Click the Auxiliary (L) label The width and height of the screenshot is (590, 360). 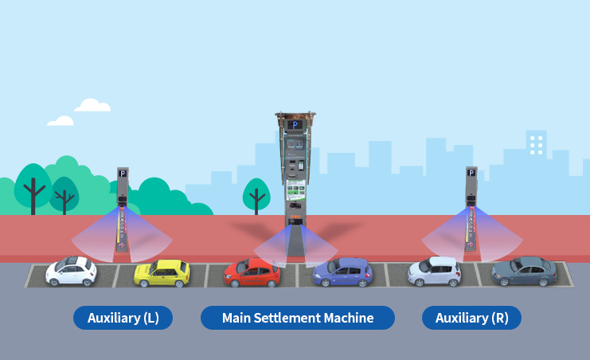tap(123, 318)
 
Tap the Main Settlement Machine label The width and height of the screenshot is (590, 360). tap(297, 318)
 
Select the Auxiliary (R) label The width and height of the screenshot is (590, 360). tap(471, 318)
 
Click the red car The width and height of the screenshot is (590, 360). tap(252, 273)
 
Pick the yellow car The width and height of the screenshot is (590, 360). tap(162, 273)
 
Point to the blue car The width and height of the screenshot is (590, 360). tap(342, 272)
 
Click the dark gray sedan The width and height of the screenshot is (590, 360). tap(523, 272)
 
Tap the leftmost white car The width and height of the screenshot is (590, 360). tap(71, 272)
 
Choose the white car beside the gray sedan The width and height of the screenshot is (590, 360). tap(435, 272)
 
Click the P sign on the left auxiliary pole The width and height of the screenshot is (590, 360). tap(122, 173)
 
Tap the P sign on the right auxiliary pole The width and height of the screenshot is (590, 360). tap(471, 173)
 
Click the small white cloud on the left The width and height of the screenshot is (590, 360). tap(61, 121)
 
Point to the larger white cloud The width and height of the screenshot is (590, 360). tap(92, 105)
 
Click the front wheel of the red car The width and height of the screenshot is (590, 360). tap(232, 281)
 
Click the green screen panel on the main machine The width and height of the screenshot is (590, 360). tap(295, 190)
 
